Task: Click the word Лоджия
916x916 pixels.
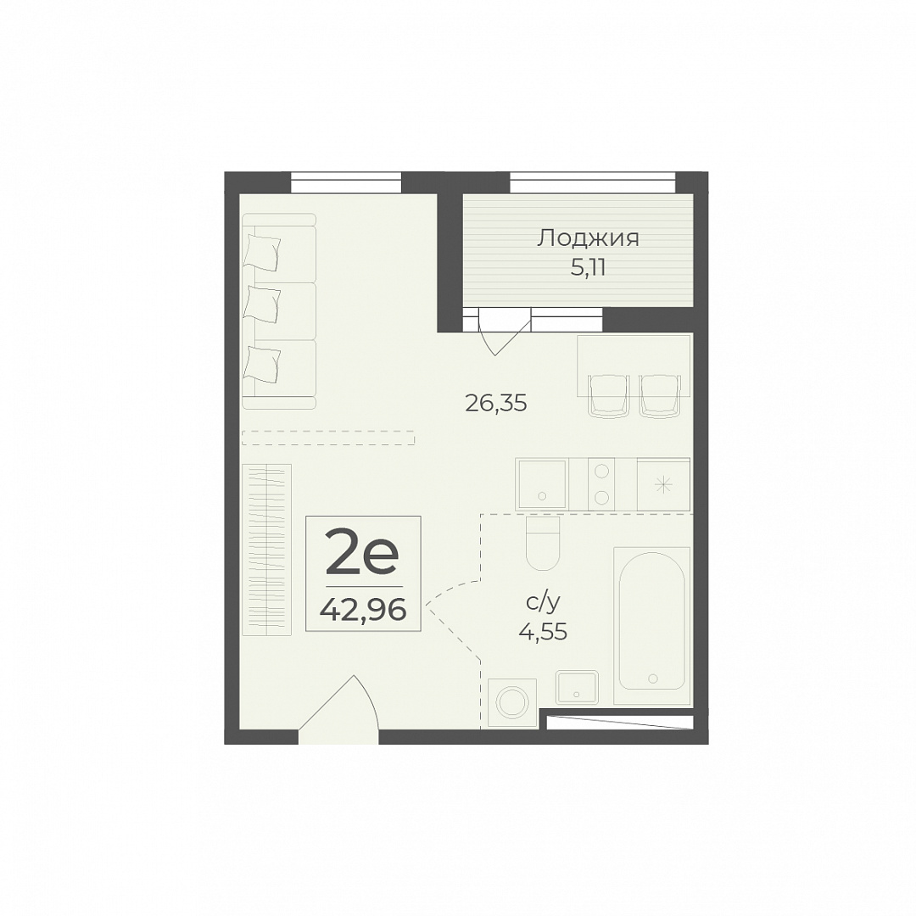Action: point(589,238)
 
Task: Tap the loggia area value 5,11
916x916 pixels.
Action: point(588,267)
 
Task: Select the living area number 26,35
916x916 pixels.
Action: point(496,403)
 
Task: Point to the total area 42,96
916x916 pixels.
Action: point(362,611)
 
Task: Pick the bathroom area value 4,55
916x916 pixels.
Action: point(543,632)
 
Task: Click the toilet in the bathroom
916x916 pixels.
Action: point(543,544)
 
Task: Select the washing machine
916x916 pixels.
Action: point(512,703)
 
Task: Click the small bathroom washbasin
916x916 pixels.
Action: point(578,688)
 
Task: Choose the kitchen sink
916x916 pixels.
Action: point(542,483)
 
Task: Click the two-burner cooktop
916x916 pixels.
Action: point(601,483)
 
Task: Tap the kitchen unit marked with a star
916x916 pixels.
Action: point(663,483)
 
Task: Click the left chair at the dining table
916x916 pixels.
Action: point(609,395)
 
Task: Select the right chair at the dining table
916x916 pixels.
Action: point(661,395)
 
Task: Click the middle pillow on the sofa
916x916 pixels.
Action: point(263,304)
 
